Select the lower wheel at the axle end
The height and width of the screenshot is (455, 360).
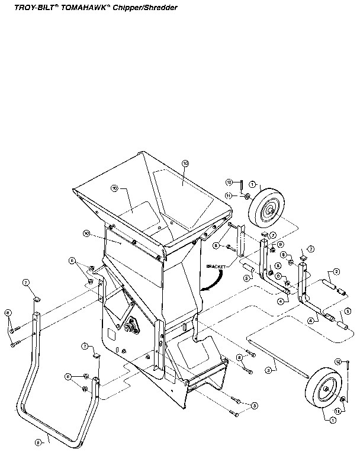coord(324,390)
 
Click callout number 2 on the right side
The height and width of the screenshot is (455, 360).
coord(336,271)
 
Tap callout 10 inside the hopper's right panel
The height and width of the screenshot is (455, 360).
coord(185,162)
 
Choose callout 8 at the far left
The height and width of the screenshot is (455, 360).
coord(7,312)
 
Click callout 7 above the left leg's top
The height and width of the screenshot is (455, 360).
coord(26,283)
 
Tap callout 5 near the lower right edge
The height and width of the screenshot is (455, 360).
coord(348,310)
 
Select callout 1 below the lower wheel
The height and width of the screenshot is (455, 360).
coord(333,419)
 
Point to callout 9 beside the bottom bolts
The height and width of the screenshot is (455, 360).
coord(255,405)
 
